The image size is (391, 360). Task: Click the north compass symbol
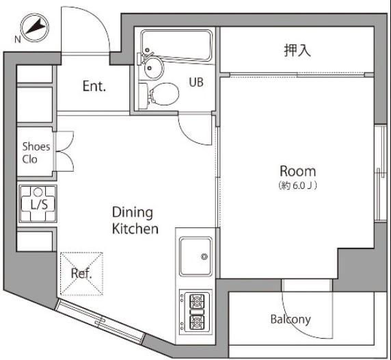(x=35, y=27)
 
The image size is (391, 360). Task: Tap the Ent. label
(x=94, y=86)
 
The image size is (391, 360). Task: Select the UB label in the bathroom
(x=196, y=82)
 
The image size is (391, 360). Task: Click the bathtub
(x=176, y=45)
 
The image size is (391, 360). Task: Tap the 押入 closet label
(x=297, y=51)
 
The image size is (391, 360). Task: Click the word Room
(x=298, y=171)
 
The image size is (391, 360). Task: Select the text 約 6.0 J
(x=298, y=185)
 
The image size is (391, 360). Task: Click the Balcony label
(x=291, y=320)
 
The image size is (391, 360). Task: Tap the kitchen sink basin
(x=196, y=256)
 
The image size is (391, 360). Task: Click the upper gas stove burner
(x=197, y=302)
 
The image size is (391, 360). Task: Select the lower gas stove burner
(x=197, y=322)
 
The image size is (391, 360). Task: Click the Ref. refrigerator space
(x=81, y=274)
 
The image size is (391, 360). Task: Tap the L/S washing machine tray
(x=38, y=204)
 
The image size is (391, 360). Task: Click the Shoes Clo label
(x=36, y=153)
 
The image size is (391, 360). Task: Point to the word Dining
(x=133, y=212)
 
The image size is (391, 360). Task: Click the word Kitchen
(x=135, y=229)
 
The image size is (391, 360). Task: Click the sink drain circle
(x=204, y=257)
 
